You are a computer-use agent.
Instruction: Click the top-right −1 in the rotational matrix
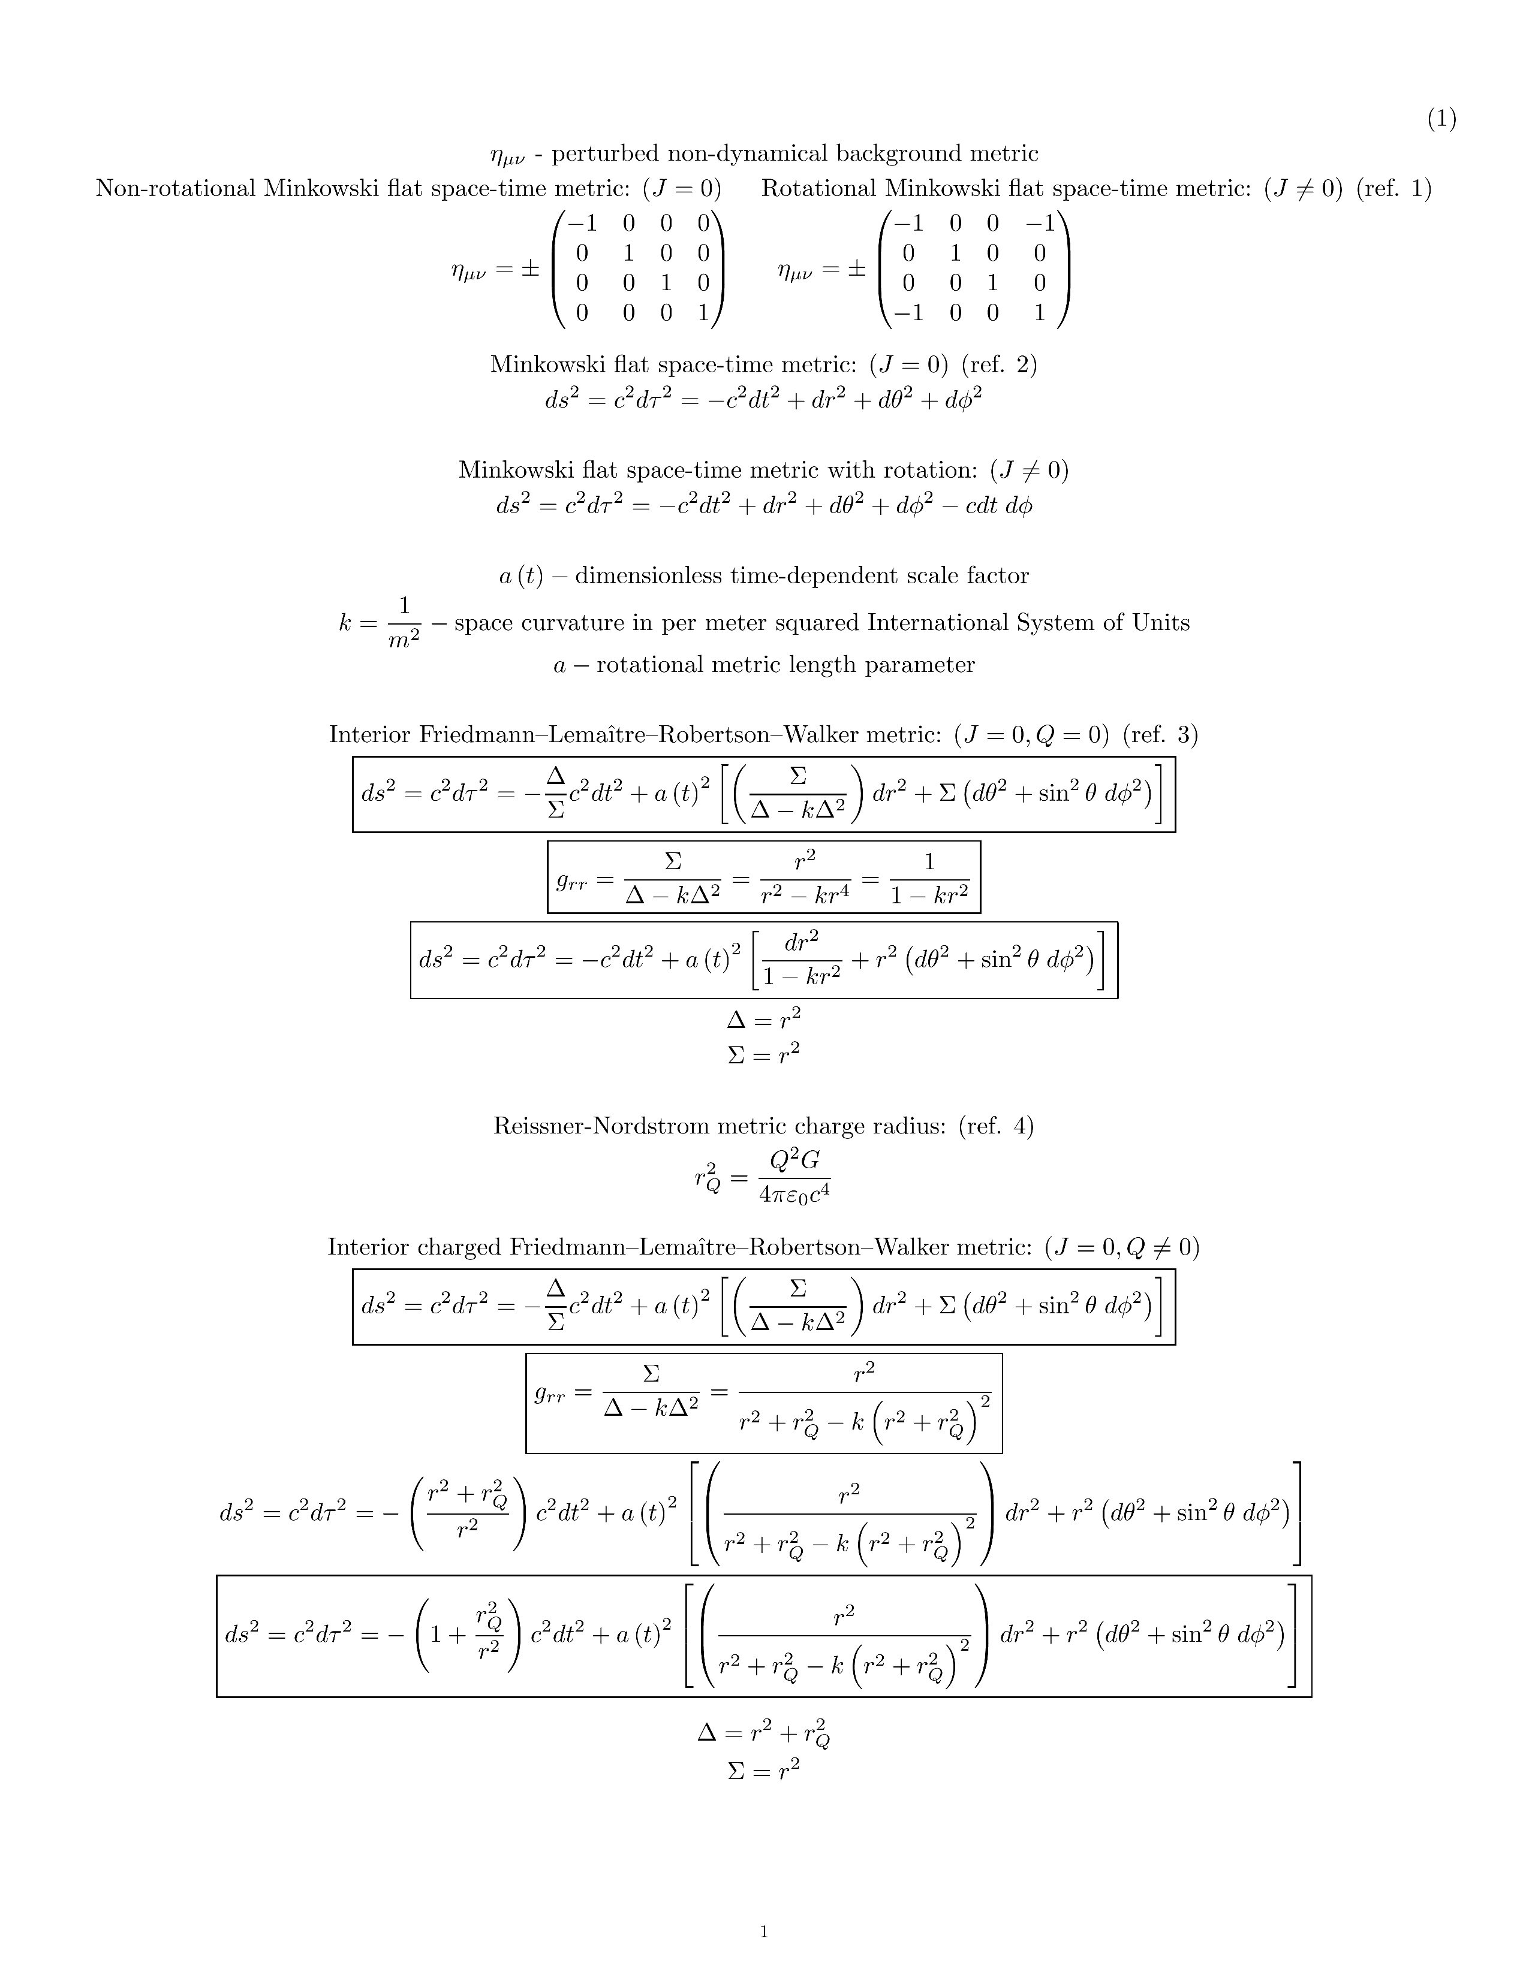[x=1039, y=223]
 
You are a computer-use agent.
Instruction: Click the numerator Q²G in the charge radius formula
[x=794, y=1160]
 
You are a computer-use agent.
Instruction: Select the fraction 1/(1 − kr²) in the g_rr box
[x=929, y=878]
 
